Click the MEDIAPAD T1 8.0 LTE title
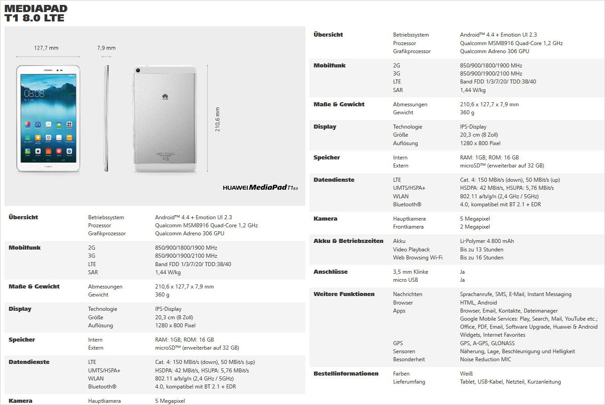(36, 13)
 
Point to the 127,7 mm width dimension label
(46, 48)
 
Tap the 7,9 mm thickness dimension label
(106, 48)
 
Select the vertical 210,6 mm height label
(217, 119)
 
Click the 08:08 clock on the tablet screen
(34, 93)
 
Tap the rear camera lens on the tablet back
(138, 70)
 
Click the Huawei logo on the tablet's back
(165, 96)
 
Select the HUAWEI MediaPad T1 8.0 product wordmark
(260, 188)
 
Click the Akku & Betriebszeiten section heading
(348, 241)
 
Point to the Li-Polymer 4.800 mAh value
(487, 241)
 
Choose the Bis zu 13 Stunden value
(481, 250)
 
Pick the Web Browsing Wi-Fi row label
(417, 258)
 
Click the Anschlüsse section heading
(330, 272)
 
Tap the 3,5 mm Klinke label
(410, 272)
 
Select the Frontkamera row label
(408, 227)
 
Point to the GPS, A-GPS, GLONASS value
(487, 343)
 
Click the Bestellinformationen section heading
(346, 374)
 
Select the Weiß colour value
(466, 374)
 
